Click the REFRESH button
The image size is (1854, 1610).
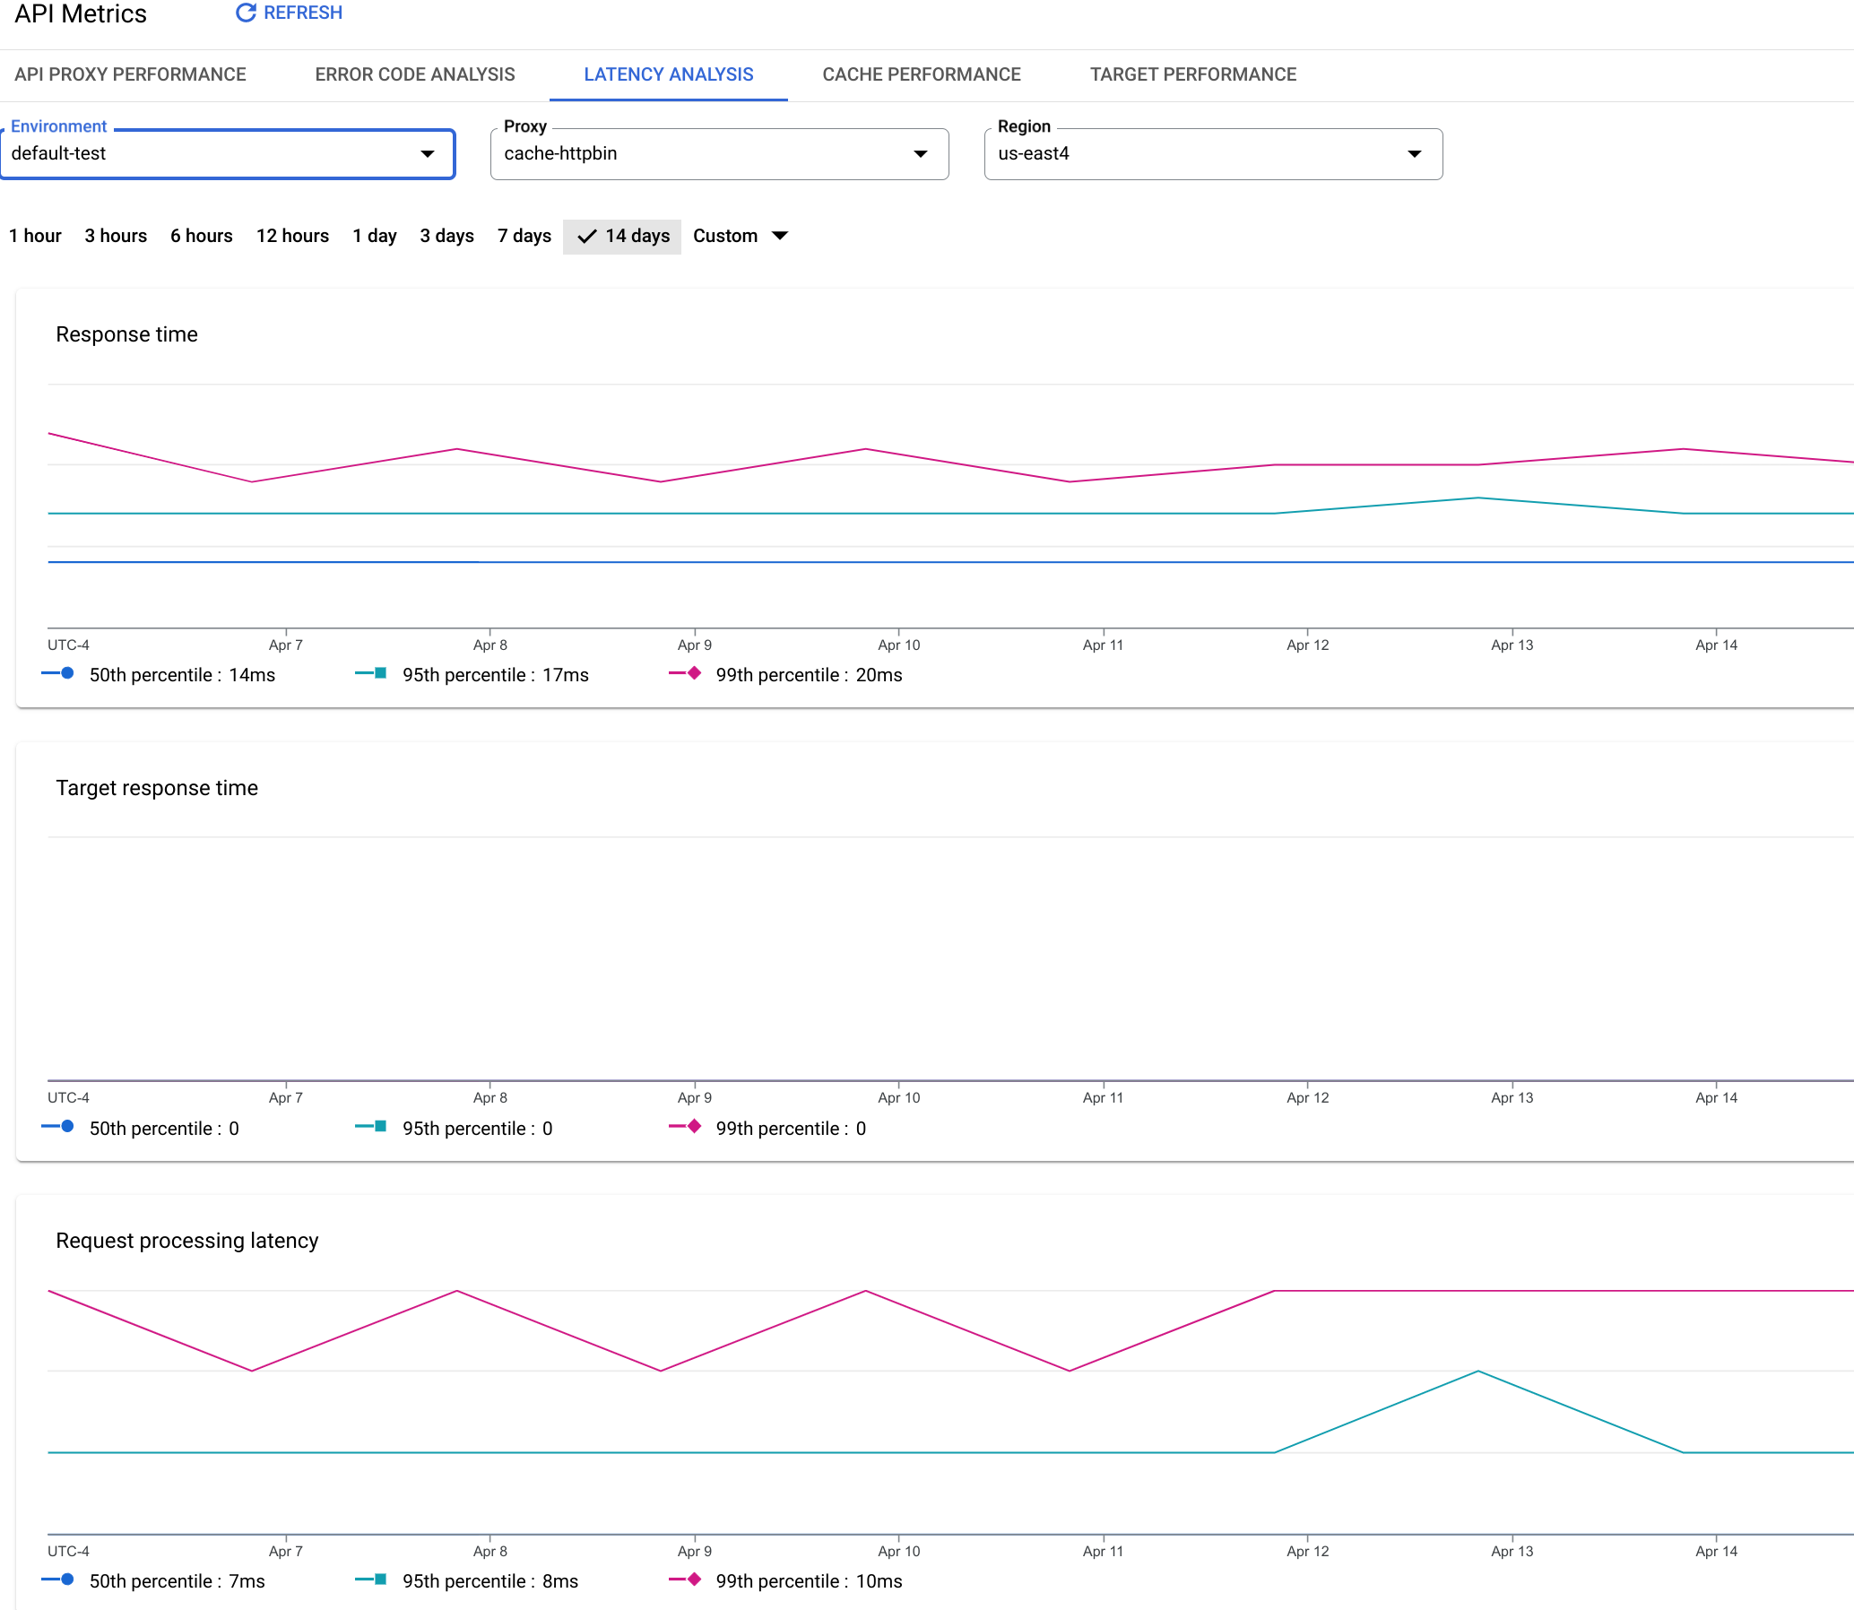290,13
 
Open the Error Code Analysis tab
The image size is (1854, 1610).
414,74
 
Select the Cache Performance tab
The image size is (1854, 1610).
921,74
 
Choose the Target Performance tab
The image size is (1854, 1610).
1192,74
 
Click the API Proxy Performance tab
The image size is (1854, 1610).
130,74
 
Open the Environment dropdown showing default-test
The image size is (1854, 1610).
228,153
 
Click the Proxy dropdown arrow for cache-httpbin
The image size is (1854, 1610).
920,153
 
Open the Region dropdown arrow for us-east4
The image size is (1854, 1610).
1414,153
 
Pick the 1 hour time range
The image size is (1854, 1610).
35,237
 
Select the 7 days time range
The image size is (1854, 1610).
524,237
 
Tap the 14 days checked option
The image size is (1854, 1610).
623,237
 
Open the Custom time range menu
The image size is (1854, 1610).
740,237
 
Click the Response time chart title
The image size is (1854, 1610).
126,334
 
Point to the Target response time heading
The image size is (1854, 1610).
156,788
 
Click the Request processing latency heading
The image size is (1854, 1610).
187,1241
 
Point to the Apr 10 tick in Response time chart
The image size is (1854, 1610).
898,645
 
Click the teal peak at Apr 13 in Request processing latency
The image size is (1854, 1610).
1478,1371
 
